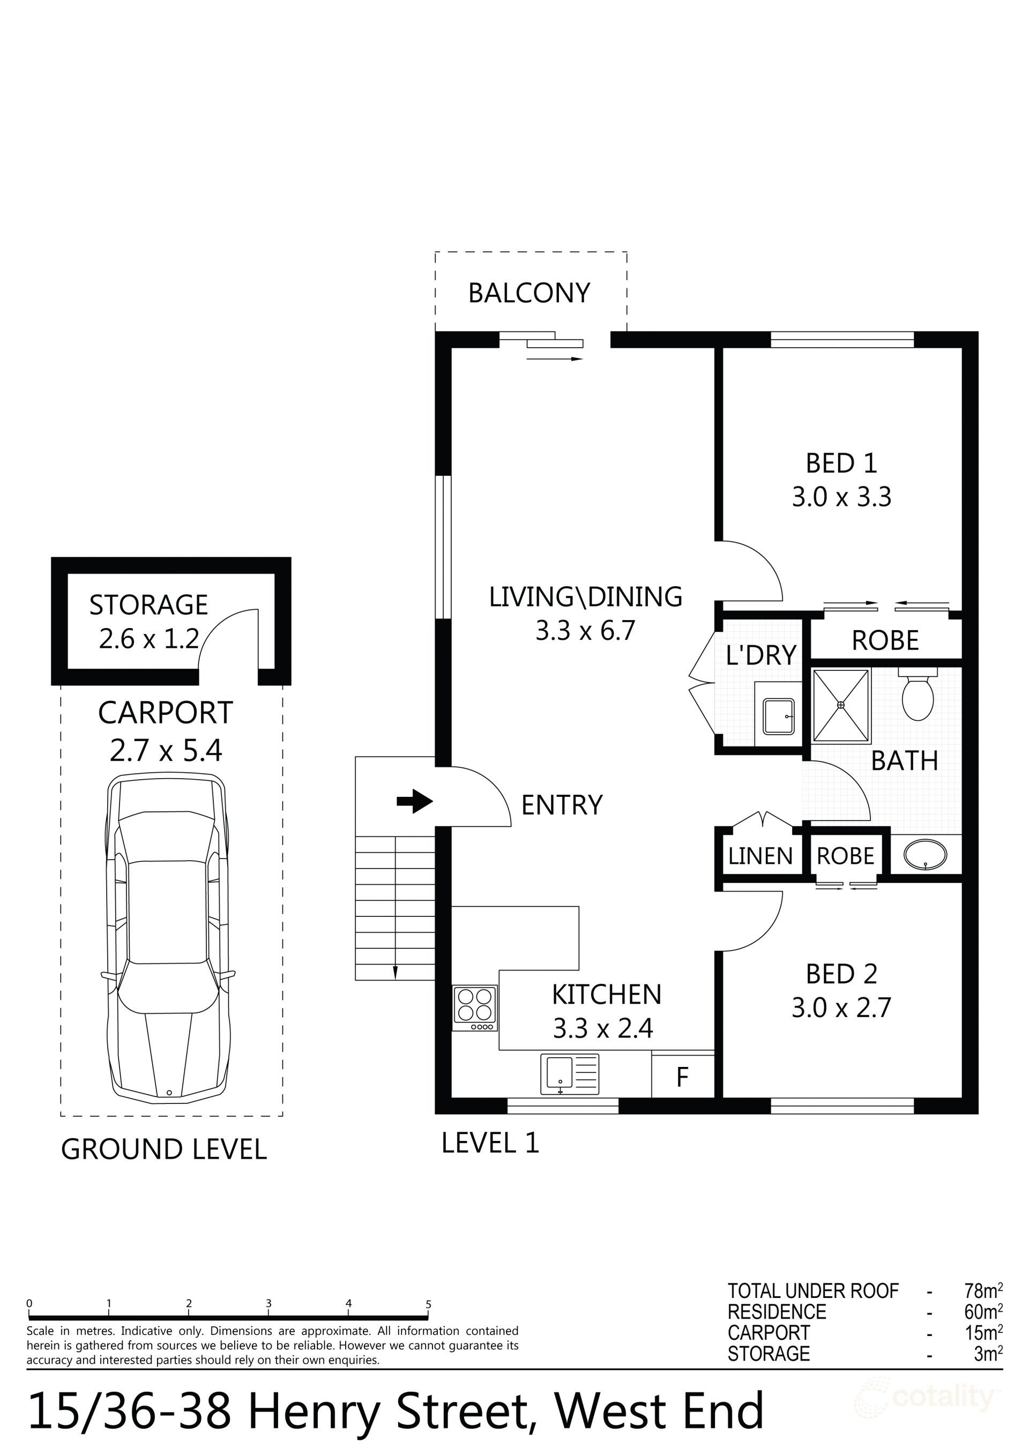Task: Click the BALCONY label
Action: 529,293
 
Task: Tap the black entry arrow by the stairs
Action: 414,801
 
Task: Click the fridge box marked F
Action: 683,1076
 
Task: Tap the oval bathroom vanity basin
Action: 925,855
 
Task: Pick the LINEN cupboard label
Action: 760,857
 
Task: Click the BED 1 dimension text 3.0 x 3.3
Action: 841,497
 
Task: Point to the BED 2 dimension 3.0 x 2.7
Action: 841,1007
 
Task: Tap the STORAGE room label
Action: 148,605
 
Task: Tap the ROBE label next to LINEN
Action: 845,857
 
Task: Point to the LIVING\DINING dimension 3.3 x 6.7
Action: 585,631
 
